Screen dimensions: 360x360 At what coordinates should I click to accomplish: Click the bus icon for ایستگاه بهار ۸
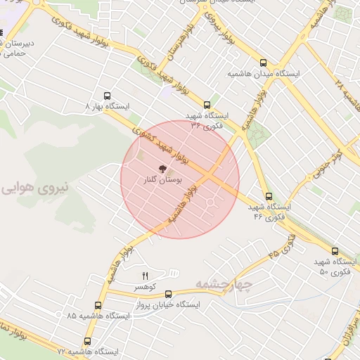107,95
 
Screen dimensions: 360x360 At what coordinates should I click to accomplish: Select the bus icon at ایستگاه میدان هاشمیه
264,62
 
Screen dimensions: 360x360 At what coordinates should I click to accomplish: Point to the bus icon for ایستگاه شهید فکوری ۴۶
268,196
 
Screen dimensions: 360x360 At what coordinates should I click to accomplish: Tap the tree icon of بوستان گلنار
162,169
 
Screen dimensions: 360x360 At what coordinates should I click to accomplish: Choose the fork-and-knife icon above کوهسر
146,275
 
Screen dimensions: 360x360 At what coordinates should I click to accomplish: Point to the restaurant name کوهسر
146,287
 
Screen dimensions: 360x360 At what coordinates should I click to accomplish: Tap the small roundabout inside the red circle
210,204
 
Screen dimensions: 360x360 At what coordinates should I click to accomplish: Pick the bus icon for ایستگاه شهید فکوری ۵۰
334,250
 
